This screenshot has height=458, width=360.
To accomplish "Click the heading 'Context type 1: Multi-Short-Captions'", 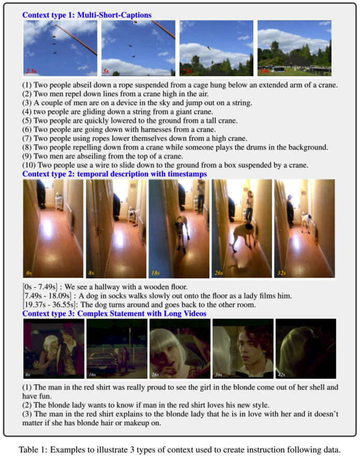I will (x=86, y=15).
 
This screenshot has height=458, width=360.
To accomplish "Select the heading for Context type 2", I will (x=114, y=174).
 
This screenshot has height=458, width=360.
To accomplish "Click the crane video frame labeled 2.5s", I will (x=60, y=48).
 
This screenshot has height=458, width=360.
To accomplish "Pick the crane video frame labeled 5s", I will (x=138, y=48).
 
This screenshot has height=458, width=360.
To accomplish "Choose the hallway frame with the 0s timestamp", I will (x=52, y=229).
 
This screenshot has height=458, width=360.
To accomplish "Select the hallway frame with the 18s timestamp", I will (x=178, y=229).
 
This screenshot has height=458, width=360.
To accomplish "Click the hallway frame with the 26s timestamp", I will (x=241, y=229).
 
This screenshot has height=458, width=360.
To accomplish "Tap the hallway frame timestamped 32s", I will (x=304, y=229).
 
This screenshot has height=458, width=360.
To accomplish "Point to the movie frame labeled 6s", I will (x=54, y=349).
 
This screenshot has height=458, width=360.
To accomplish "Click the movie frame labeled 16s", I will (x=116, y=349).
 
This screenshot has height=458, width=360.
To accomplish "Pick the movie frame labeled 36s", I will (x=243, y=349).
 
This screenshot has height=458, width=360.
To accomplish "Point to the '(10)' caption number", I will (x=29, y=165).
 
